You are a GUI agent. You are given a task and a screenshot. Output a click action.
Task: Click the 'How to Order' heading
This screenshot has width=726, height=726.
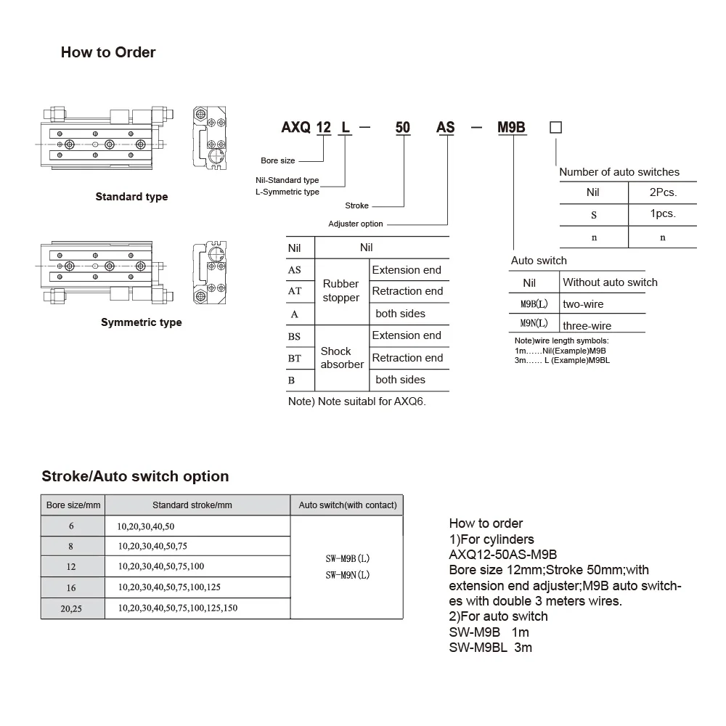click(x=108, y=52)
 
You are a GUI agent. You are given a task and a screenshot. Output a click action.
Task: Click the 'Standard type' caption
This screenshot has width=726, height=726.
click(x=131, y=197)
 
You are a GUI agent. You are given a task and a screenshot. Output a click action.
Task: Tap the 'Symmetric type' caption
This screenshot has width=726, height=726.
click(x=142, y=322)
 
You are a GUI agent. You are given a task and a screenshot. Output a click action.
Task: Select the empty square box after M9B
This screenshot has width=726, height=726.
click(x=555, y=128)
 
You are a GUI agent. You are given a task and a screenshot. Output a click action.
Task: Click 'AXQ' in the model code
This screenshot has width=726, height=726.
click(x=295, y=128)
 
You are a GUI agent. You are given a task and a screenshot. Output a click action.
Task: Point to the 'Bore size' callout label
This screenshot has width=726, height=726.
click(x=278, y=160)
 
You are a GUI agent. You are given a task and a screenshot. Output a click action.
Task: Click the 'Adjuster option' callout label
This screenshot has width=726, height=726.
click(x=356, y=224)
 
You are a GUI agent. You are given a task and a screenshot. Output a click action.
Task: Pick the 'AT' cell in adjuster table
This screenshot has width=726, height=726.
click(x=295, y=291)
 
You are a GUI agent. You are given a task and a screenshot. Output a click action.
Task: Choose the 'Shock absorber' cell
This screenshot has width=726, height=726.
click(x=341, y=357)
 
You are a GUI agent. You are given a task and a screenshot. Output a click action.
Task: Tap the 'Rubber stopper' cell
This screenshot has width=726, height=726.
click(x=341, y=291)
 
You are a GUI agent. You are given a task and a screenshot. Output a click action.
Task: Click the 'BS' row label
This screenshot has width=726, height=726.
click(x=295, y=335)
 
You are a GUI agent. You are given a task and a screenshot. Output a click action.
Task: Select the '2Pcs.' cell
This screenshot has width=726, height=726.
click(x=662, y=192)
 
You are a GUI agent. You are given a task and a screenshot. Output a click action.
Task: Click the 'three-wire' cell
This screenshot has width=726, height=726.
click(x=587, y=326)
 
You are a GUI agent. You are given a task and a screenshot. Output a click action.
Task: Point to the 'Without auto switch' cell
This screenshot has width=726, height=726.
click(x=610, y=282)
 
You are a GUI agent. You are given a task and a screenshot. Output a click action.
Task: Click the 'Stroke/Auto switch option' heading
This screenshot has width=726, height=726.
click(x=135, y=476)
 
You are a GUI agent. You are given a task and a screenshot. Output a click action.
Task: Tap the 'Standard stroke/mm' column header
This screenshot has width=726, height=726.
click(x=192, y=505)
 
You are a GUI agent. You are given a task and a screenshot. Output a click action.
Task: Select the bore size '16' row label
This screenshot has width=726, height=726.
click(x=71, y=587)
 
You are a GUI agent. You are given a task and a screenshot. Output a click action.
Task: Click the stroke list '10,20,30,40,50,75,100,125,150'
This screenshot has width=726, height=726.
click(x=177, y=608)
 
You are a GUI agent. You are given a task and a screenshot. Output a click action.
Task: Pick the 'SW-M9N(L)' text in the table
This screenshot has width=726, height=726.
click(x=348, y=575)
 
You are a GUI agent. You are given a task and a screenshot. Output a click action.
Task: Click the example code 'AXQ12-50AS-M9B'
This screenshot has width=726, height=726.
click(x=503, y=555)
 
